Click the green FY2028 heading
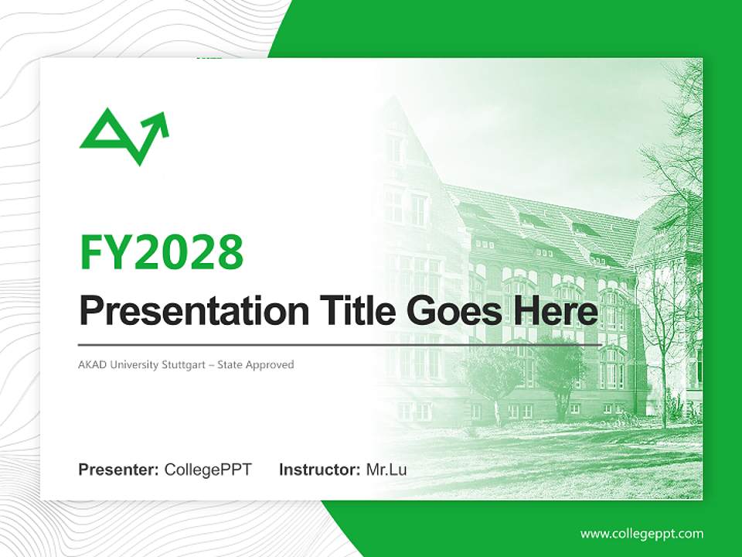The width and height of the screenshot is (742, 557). pos(162,252)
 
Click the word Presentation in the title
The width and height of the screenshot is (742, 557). pos(194,310)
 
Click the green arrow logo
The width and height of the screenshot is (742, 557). pos(124,136)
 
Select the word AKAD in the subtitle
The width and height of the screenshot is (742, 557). pos(90,365)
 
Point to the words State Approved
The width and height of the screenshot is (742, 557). pos(256,365)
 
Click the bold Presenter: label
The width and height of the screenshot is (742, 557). pos(118,470)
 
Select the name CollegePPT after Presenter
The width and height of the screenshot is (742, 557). pos(208,470)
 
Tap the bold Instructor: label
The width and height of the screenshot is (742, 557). pos(319,470)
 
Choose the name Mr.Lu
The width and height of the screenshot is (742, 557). pos(386,470)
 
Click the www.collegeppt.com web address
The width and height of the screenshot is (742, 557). pos(642,534)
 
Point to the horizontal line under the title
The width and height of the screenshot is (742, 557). pos(340,345)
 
